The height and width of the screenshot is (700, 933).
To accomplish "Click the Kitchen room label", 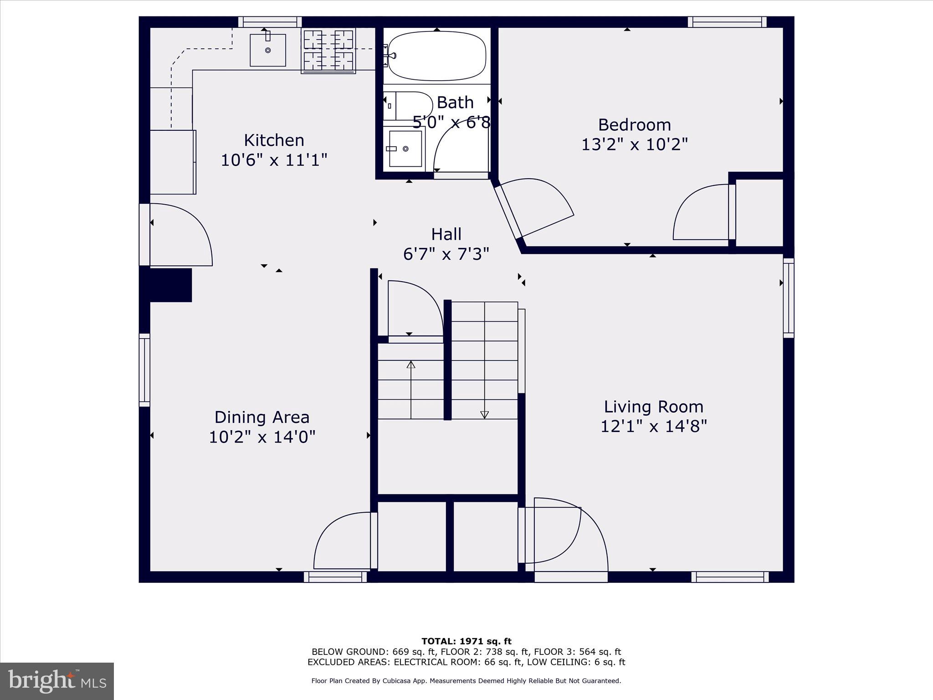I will [274, 140].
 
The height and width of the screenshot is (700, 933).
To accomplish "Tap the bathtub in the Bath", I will [436, 56].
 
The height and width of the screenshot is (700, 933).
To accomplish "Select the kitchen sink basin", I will [268, 50].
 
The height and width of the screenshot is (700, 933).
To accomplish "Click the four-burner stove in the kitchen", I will [328, 50].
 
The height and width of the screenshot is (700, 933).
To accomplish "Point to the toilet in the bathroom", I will [407, 106].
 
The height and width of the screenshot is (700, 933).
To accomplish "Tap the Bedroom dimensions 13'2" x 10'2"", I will [634, 144].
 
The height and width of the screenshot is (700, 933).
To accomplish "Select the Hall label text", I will [446, 234].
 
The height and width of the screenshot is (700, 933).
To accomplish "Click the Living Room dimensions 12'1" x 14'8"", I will [653, 427].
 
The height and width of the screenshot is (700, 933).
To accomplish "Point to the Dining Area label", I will [262, 417].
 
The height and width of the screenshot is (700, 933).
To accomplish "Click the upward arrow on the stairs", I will [411, 365].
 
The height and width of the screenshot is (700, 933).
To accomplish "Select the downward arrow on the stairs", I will [484, 414].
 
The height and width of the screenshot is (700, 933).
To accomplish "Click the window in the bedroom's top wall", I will [727, 22].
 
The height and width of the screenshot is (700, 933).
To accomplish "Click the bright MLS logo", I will [57, 681].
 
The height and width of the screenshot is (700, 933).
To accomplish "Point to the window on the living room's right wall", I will [788, 298].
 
